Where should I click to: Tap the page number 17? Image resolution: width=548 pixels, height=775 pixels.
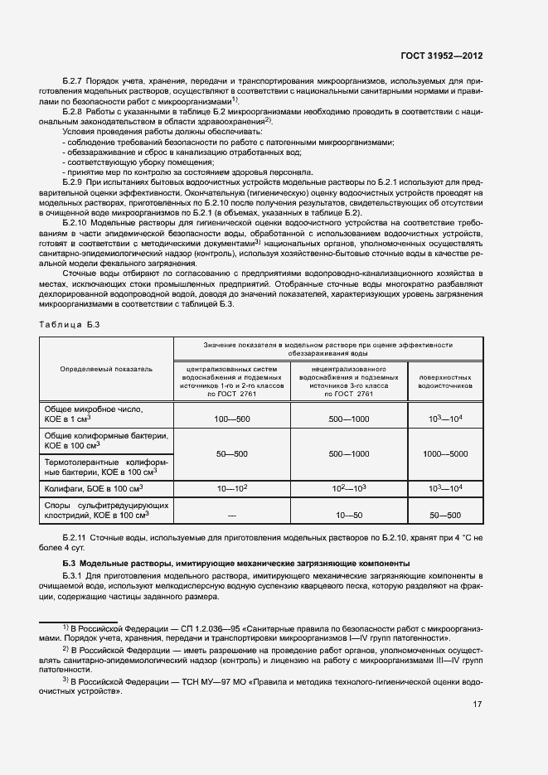coord(477,705)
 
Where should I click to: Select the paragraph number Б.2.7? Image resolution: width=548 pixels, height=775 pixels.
coord(74,80)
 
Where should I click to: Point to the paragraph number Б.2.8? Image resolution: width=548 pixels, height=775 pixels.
coord(74,111)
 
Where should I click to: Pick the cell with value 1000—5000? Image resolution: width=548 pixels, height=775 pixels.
coord(445,454)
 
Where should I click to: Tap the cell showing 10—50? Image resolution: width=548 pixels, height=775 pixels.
coord(348,516)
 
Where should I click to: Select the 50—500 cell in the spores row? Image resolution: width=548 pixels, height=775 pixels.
coord(445,516)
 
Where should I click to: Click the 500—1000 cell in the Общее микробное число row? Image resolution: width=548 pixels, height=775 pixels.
coord(348,421)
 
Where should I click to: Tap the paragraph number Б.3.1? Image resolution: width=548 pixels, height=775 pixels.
coord(73,574)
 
